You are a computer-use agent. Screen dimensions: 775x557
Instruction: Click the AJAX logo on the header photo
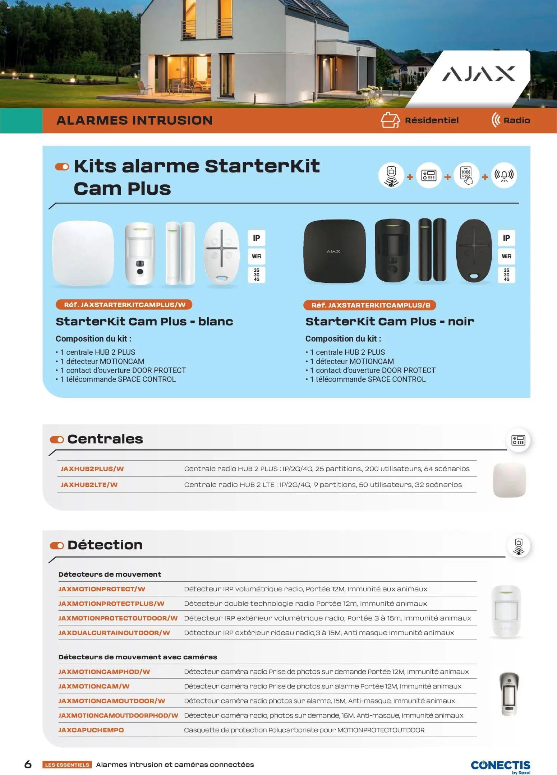[478, 74]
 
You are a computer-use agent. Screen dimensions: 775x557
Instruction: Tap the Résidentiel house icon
[390, 120]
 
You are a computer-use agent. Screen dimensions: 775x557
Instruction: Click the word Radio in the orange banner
[516, 120]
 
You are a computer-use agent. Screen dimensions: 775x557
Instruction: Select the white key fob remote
[221, 253]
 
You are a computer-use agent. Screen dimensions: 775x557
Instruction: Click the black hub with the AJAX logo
[334, 251]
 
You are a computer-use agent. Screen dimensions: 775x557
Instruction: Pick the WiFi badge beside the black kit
[506, 256]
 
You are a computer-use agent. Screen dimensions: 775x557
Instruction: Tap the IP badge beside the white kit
[256, 238]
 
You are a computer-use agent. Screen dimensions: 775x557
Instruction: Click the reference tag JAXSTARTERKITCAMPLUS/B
[370, 305]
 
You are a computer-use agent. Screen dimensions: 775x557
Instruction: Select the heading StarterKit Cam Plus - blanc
[144, 321]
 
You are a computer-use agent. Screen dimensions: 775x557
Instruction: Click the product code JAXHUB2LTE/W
[89, 484]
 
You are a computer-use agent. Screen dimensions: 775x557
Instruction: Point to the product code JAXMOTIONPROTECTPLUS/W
[111, 603]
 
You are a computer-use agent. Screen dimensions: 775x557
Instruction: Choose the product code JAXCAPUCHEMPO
[91, 730]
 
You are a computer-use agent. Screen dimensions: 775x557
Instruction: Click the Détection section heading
[105, 545]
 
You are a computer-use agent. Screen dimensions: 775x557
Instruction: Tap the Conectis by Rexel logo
[500, 766]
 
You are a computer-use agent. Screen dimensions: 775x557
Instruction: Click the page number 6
[28, 764]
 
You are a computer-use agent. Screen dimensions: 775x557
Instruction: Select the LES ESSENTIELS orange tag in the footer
[67, 765]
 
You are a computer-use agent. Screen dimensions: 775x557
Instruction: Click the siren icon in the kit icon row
[504, 175]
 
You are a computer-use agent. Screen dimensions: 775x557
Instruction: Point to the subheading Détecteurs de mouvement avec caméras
[138, 657]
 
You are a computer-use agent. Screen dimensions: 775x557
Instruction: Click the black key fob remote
[474, 250]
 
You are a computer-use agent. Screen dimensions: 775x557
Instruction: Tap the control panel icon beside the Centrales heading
[518, 440]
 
